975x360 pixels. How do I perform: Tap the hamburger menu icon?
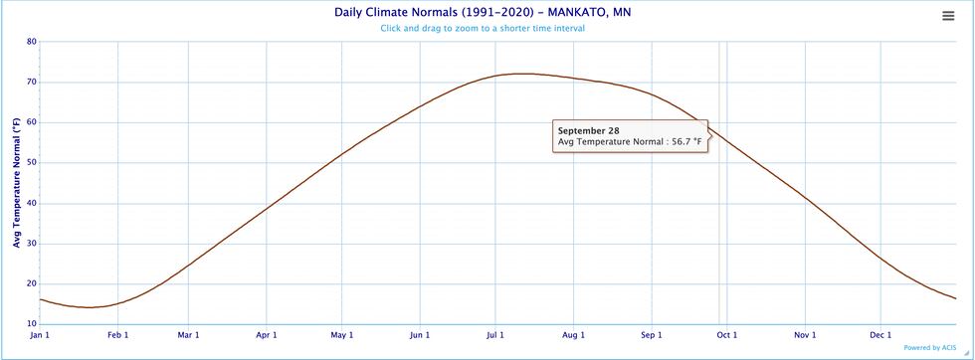point(948,15)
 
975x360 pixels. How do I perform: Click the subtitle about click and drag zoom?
point(482,28)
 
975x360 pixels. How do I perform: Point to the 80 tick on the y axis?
point(32,42)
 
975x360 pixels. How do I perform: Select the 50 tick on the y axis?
point(32,163)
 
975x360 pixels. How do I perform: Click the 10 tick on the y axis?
point(32,324)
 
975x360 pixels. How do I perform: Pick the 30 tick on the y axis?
point(32,244)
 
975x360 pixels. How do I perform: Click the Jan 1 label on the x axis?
point(40,335)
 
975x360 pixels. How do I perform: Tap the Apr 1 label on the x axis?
point(267,335)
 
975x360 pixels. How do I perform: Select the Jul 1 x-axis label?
point(496,335)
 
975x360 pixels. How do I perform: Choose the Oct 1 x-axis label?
point(727,335)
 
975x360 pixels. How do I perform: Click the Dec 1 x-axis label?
point(880,335)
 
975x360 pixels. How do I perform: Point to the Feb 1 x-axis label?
point(117,335)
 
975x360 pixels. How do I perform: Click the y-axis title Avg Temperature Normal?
point(16,183)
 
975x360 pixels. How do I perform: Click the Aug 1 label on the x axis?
point(574,335)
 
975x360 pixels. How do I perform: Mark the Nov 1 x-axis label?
point(804,335)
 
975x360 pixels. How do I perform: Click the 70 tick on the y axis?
point(32,83)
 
